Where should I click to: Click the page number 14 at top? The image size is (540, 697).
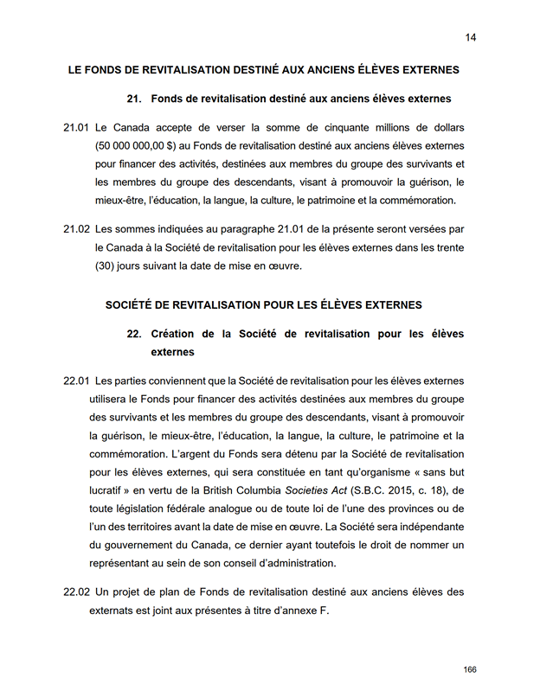coord(471,37)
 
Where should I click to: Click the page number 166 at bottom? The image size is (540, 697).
coord(470,670)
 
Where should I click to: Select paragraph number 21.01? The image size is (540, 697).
coord(76,128)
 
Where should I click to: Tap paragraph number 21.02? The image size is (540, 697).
coord(76,229)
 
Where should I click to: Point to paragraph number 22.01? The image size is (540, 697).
coord(76,380)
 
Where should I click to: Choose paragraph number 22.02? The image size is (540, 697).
coord(76,592)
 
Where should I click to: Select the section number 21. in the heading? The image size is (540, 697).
coord(134,99)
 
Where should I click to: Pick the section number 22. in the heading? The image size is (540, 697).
coord(134,334)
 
